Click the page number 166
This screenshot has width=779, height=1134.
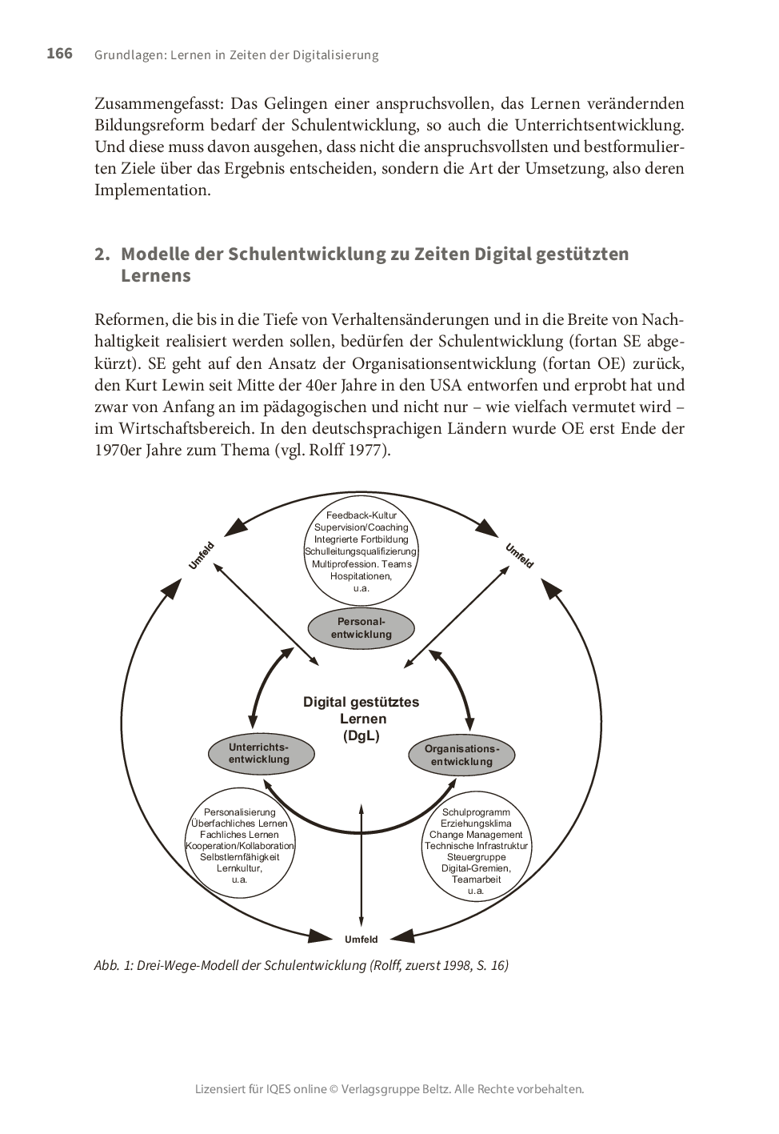click(x=59, y=54)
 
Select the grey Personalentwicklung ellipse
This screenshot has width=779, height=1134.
click(x=362, y=628)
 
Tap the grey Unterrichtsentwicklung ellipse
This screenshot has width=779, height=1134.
click(x=259, y=753)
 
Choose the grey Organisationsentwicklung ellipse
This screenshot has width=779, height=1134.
click(x=461, y=755)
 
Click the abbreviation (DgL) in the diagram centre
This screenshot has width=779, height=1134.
click(x=362, y=736)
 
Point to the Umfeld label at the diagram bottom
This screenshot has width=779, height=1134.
click(x=362, y=940)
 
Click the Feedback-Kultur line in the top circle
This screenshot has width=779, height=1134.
click(x=362, y=515)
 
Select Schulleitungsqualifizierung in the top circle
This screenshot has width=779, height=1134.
click(x=362, y=551)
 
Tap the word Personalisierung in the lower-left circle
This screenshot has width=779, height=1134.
click(x=240, y=812)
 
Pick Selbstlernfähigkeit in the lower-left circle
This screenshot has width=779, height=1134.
click(x=240, y=857)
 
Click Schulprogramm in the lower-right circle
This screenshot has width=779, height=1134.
click(x=476, y=812)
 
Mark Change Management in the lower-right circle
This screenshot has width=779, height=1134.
click(x=476, y=835)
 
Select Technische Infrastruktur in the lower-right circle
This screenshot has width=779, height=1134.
click(x=476, y=846)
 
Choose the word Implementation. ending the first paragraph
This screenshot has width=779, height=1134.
click(x=152, y=190)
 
